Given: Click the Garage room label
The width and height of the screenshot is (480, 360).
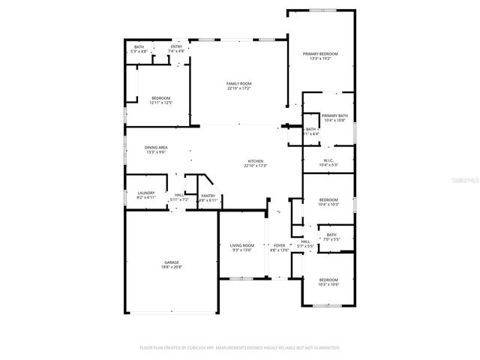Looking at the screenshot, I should pyautogui.click(x=172, y=262).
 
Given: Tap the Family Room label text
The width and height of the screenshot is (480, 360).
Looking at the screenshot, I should pyautogui.click(x=239, y=83).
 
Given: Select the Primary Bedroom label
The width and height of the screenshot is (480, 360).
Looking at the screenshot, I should pyautogui.click(x=320, y=54).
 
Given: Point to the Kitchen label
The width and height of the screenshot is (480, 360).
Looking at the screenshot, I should pyautogui.click(x=256, y=161).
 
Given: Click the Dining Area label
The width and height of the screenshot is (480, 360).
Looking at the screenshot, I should pyautogui.click(x=156, y=148).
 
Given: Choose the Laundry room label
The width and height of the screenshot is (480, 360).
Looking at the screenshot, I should pyautogui.click(x=145, y=193).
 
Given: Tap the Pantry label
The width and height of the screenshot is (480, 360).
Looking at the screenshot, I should pyautogui.click(x=208, y=196).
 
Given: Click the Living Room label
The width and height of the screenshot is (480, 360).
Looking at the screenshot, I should pyautogui.click(x=242, y=245).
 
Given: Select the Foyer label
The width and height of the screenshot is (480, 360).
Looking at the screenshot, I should pyautogui.click(x=279, y=245).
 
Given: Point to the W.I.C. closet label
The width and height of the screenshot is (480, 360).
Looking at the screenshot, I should pyautogui.click(x=328, y=160).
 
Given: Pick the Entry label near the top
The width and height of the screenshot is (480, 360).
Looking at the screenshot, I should pyautogui.click(x=176, y=46).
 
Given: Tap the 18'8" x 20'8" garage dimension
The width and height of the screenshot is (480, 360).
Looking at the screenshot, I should pyautogui.click(x=172, y=267).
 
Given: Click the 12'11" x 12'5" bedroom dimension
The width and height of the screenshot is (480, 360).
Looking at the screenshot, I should pyautogui.click(x=160, y=103).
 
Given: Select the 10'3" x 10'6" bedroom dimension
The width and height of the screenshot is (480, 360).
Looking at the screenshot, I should pyautogui.click(x=328, y=284).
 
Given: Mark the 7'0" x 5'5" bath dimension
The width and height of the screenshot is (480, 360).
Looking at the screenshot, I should pyautogui.click(x=332, y=240).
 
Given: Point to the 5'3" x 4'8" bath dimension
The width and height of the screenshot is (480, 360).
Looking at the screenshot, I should pyautogui.click(x=139, y=51).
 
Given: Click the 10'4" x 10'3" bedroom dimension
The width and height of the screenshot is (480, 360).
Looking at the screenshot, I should pyautogui.click(x=328, y=204).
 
